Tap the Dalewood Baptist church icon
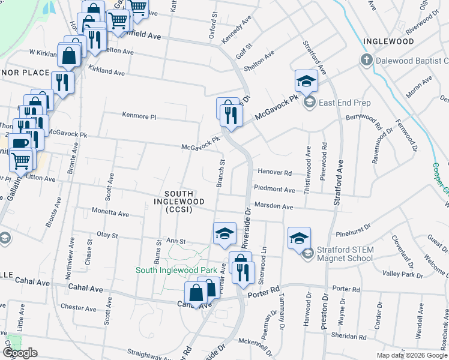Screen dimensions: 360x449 pyautogui.click(x=366, y=60)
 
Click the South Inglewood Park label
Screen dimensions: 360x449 pyautogui.click(x=176, y=270)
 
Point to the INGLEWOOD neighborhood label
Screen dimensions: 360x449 pyautogui.click(x=388, y=41)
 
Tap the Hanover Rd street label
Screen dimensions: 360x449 pyautogui.click(x=274, y=172)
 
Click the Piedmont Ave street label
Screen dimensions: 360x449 pyautogui.click(x=274, y=190)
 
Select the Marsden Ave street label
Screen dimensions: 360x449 pyautogui.click(x=274, y=207)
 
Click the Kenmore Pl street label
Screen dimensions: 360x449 pyautogui.click(x=139, y=115)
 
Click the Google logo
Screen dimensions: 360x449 pyautogui.click(x=20, y=353)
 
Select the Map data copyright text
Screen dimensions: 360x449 pyautogui.click(x=412, y=355)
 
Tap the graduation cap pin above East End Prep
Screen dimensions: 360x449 pyautogui.click(x=306, y=80)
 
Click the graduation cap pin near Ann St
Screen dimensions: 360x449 pyautogui.click(x=224, y=233)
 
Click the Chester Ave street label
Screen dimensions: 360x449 pyautogui.click(x=78, y=309)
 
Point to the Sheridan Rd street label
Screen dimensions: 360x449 pyautogui.click(x=350, y=338)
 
